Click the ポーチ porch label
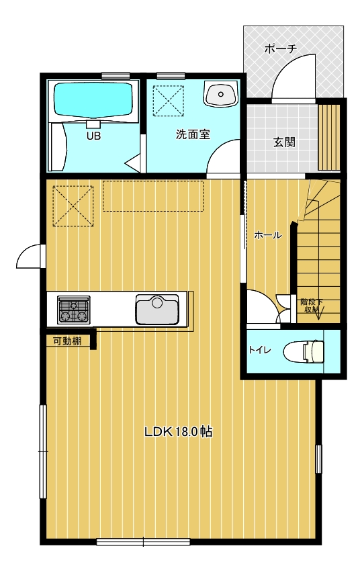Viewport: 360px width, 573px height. coord(280,48)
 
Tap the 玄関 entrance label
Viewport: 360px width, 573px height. coord(284,142)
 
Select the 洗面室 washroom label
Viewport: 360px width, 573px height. coord(193,134)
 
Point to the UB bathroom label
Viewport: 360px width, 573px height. coord(93,136)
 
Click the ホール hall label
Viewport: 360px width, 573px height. coord(268,235)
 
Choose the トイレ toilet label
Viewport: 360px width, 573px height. coord(260,350)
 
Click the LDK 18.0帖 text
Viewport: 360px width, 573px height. coord(179,431)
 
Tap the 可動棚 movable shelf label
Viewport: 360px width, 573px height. coord(68,341)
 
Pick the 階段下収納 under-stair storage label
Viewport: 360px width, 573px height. coord(312,306)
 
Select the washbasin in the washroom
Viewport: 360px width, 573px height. coord(220,93)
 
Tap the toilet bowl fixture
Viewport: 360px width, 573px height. coord(304,351)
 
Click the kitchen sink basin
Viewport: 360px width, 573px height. coord(158,309)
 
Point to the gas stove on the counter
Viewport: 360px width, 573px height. coord(73,310)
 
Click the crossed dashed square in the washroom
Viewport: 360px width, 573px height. coord(168,101)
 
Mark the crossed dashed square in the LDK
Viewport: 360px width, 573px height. coord(73,206)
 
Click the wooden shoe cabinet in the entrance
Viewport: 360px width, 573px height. coord(329,138)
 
